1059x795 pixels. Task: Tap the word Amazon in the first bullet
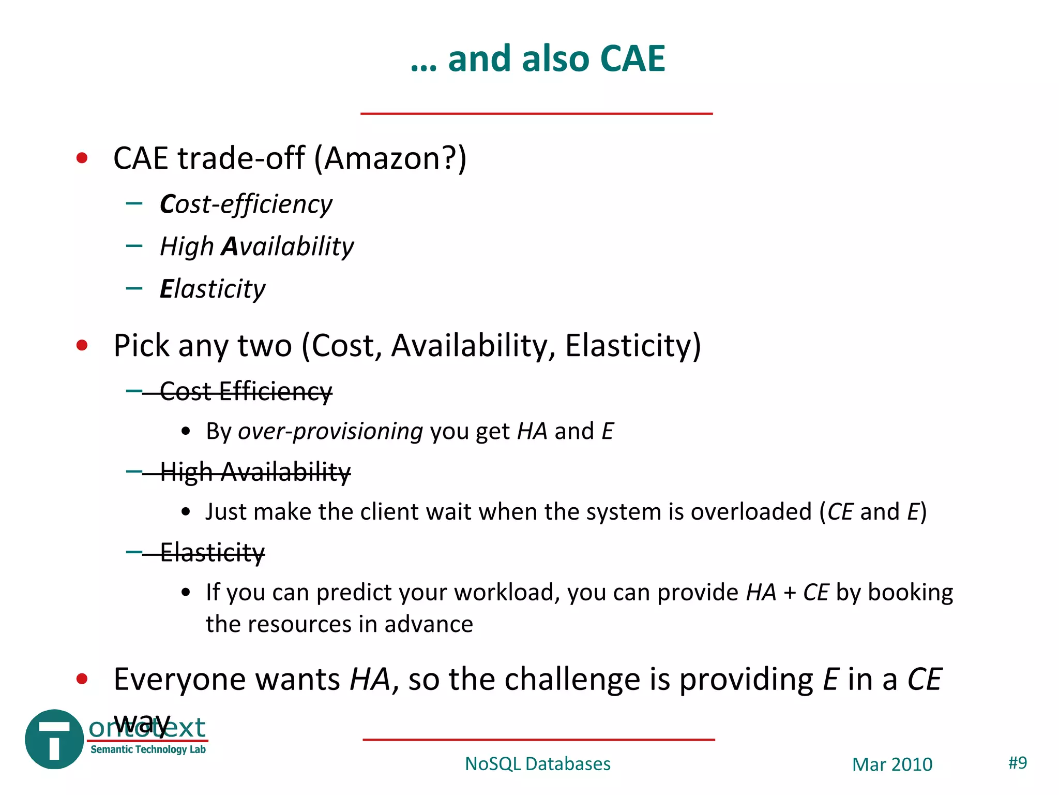point(388,158)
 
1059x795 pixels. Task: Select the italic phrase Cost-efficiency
point(246,204)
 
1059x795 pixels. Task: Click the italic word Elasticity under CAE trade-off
point(213,289)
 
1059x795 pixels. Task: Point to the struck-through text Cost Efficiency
point(246,391)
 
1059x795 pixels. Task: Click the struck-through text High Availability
point(255,472)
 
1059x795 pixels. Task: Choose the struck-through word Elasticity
point(213,552)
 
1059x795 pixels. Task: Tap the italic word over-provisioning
point(330,432)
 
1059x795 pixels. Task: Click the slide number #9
point(1018,762)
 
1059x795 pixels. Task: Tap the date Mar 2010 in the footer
point(892,764)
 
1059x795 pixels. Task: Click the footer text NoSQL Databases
point(537,764)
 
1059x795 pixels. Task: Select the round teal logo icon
point(54,739)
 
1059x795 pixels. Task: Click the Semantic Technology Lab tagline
point(148,749)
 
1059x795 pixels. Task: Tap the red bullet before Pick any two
point(82,345)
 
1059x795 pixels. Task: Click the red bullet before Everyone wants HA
point(82,679)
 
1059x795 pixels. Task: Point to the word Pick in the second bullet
point(141,346)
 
